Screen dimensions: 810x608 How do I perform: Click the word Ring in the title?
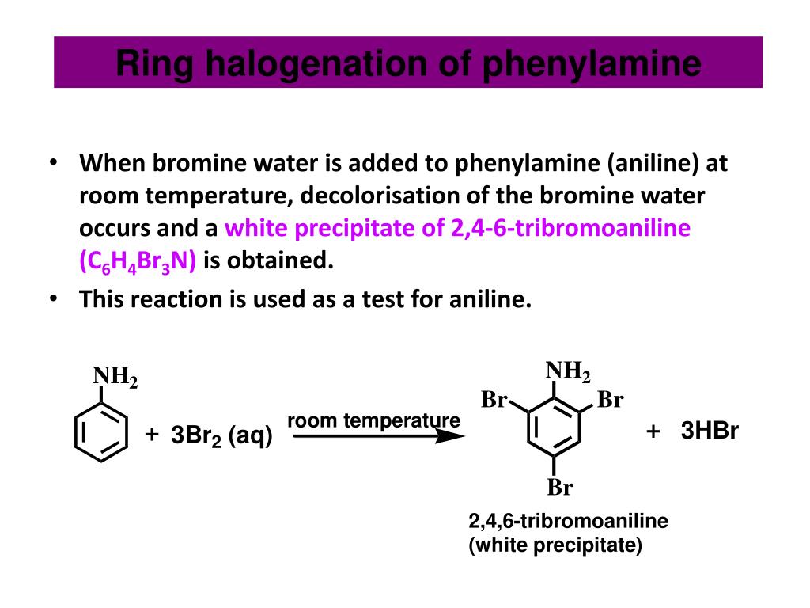(x=154, y=64)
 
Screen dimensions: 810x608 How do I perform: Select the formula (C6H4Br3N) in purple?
(x=138, y=261)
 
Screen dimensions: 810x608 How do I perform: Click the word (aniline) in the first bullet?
(x=654, y=164)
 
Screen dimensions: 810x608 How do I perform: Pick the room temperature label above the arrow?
(x=373, y=420)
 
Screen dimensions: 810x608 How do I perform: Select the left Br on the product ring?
(x=494, y=400)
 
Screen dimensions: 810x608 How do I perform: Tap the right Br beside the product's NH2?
(x=610, y=400)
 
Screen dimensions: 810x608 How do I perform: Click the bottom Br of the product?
(x=559, y=488)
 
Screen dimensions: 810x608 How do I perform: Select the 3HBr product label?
(x=710, y=431)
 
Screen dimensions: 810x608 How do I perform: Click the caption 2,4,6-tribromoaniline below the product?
(x=568, y=522)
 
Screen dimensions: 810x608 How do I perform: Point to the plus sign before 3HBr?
(x=653, y=431)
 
